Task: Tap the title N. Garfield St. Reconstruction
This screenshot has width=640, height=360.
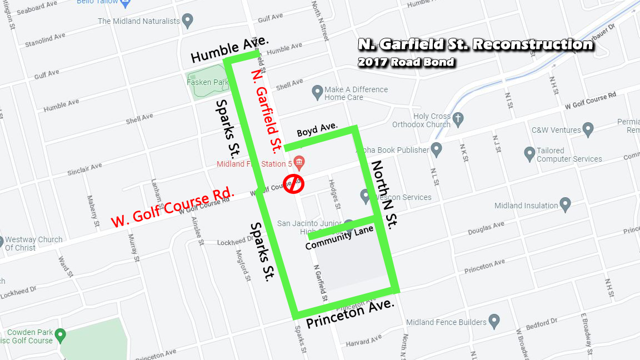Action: tap(476, 44)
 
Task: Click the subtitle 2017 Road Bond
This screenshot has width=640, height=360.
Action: tap(406, 62)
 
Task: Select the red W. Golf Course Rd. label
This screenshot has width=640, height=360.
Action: tap(173, 208)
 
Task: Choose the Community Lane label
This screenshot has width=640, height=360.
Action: tap(339, 237)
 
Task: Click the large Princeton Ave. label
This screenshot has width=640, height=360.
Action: tap(351, 314)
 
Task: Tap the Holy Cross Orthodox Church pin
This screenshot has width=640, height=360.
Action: tap(458, 119)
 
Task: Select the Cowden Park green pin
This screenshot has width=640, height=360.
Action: tap(61, 336)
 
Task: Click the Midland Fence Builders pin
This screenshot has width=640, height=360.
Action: tap(493, 321)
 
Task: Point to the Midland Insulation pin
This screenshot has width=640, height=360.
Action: tap(565, 204)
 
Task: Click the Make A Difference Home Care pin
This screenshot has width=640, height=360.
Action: tap(317, 91)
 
